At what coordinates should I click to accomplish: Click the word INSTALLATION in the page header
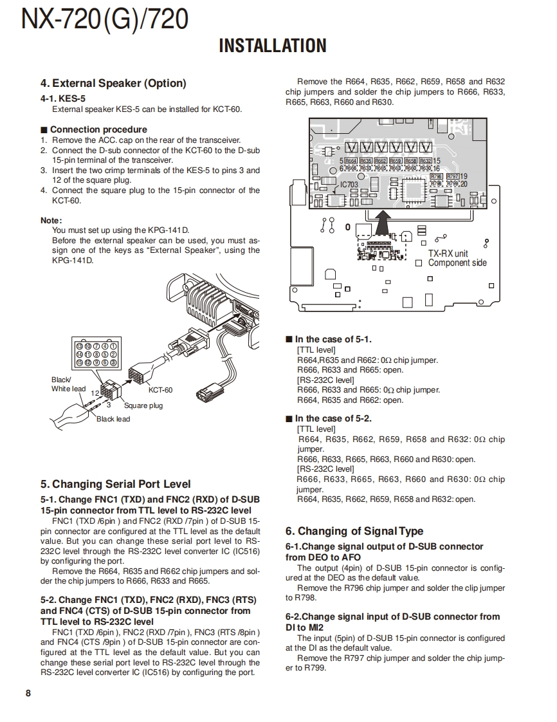pyautogui.click(x=273, y=46)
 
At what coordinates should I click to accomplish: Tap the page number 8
pyautogui.click(x=28, y=693)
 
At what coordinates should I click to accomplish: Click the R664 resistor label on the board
pyautogui.click(x=351, y=161)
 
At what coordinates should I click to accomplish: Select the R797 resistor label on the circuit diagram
pyautogui.click(x=453, y=176)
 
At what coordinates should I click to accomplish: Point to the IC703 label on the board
pyautogui.click(x=349, y=185)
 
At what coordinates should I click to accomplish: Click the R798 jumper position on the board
pyautogui.click(x=436, y=176)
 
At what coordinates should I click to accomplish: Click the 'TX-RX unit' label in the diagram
pyautogui.click(x=448, y=253)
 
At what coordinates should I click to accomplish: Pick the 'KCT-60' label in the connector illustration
pyautogui.click(x=160, y=390)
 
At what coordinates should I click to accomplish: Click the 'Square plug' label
pyautogui.click(x=143, y=405)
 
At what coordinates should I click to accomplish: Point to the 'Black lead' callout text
pyautogui.click(x=113, y=419)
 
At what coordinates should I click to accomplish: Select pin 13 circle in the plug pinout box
pyautogui.click(x=80, y=346)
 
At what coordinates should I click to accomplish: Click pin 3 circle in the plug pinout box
pyautogui.click(x=113, y=362)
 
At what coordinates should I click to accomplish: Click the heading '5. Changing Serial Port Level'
pyautogui.click(x=115, y=484)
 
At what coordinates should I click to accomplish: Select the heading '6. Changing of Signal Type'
pyautogui.click(x=354, y=531)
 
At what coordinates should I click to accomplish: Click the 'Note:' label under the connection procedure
pyautogui.click(x=51, y=220)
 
